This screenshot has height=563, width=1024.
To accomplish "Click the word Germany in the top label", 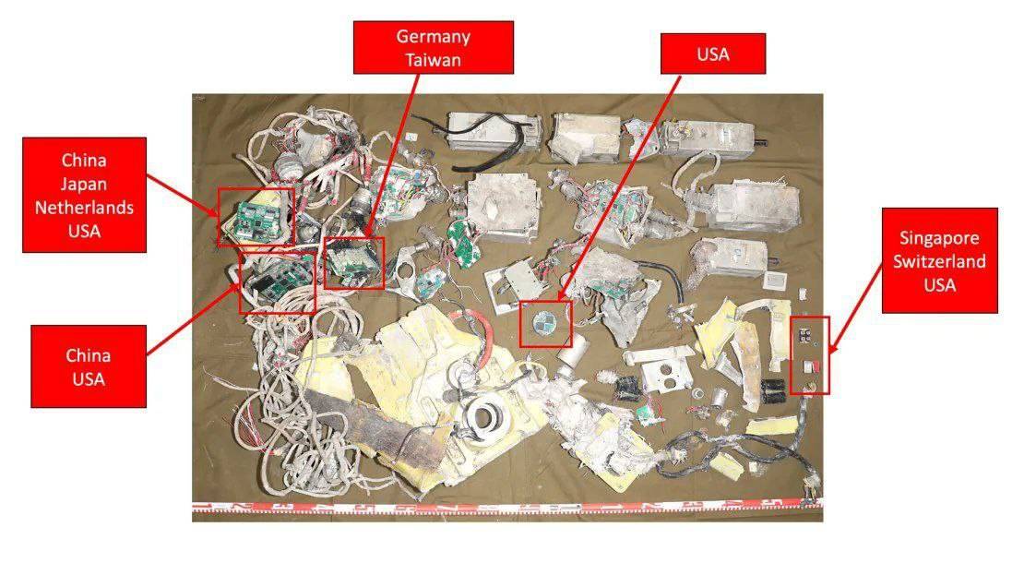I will [433, 37].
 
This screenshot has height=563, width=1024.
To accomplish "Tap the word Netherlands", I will [84, 208].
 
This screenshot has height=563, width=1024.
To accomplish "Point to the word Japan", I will [84, 185].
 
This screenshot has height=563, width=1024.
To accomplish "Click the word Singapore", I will [939, 239].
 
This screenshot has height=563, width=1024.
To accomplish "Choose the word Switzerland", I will [939, 261].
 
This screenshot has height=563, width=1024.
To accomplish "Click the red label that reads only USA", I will [713, 54].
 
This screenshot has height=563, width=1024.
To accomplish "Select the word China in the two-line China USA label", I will [88, 355].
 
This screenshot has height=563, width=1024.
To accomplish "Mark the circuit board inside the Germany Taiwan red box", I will [352, 261].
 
